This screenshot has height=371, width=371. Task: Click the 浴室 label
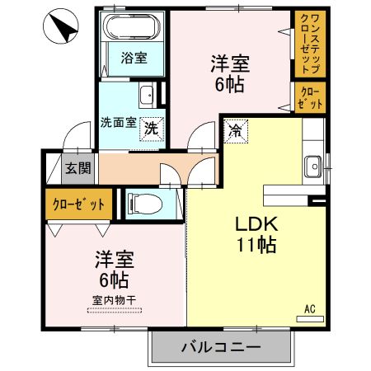[134, 59]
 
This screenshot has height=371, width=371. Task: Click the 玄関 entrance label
[78, 168]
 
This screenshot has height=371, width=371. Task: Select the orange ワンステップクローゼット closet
[311, 42]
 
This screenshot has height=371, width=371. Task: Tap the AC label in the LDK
[311, 308]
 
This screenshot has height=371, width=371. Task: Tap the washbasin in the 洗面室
[146, 94]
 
